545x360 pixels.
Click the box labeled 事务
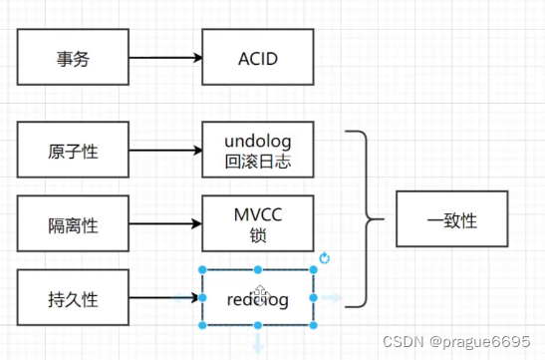click(73, 58)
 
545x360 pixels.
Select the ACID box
click(257, 58)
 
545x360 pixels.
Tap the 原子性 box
click(73, 152)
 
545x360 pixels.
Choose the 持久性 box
click(73, 297)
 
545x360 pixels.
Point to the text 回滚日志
click(257, 163)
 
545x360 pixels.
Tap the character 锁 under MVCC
click(257, 235)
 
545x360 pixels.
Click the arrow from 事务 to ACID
click(165, 58)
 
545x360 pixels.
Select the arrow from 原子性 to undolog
click(165, 152)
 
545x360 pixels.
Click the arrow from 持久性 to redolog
click(165, 297)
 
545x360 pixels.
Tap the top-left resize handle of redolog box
click(202, 270)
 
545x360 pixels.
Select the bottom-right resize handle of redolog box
click(314, 325)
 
